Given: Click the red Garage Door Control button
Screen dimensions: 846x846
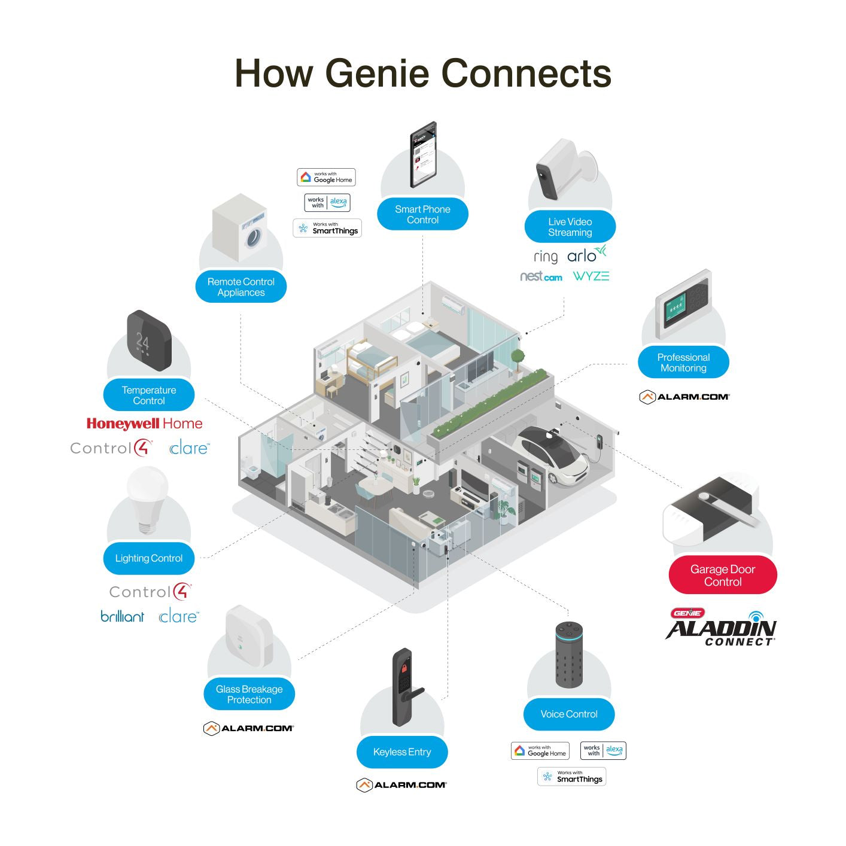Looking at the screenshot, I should click(x=722, y=575).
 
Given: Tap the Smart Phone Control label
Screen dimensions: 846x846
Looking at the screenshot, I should click(x=422, y=214).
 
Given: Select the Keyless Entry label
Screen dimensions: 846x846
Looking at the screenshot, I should click(x=401, y=752).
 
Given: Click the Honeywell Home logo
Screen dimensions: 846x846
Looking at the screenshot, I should click(x=144, y=424).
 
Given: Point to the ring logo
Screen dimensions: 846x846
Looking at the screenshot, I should click(x=545, y=257).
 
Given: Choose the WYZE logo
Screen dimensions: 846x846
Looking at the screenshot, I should click(x=591, y=276).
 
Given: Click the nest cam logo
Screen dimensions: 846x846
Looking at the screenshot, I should click(x=541, y=276).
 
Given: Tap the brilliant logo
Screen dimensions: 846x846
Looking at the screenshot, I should click(x=122, y=616).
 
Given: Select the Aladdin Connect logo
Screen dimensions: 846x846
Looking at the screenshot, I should click(x=721, y=628).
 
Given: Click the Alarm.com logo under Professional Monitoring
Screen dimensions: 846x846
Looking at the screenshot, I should click(x=684, y=397).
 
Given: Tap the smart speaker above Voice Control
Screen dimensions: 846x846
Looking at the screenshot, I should click(x=568, y=655).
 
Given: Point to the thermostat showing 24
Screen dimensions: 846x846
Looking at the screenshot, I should click(x=148, y=340).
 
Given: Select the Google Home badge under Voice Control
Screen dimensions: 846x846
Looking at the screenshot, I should click(x=540, y=751).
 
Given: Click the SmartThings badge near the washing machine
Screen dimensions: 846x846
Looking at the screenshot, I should click(x=327, y=228).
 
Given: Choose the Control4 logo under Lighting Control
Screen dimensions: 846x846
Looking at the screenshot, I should click(x=150, y=592).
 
